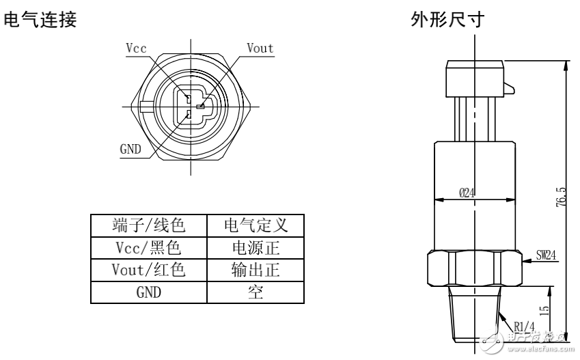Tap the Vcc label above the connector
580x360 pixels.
point(137,48)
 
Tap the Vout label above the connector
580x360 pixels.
point(260,48)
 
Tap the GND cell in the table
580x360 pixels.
point(149,293)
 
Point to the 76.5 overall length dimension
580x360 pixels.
point(561,198)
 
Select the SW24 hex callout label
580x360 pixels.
point(547,255)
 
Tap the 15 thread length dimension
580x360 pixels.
point(544,309)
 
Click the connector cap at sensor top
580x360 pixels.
point(475,77)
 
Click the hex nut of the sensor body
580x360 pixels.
point(474,268)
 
